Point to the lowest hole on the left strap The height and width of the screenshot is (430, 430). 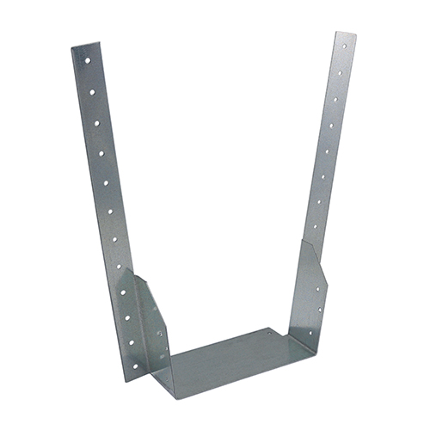(x=133, y=341)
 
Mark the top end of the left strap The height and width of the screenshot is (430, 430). (x=83, y=45)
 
